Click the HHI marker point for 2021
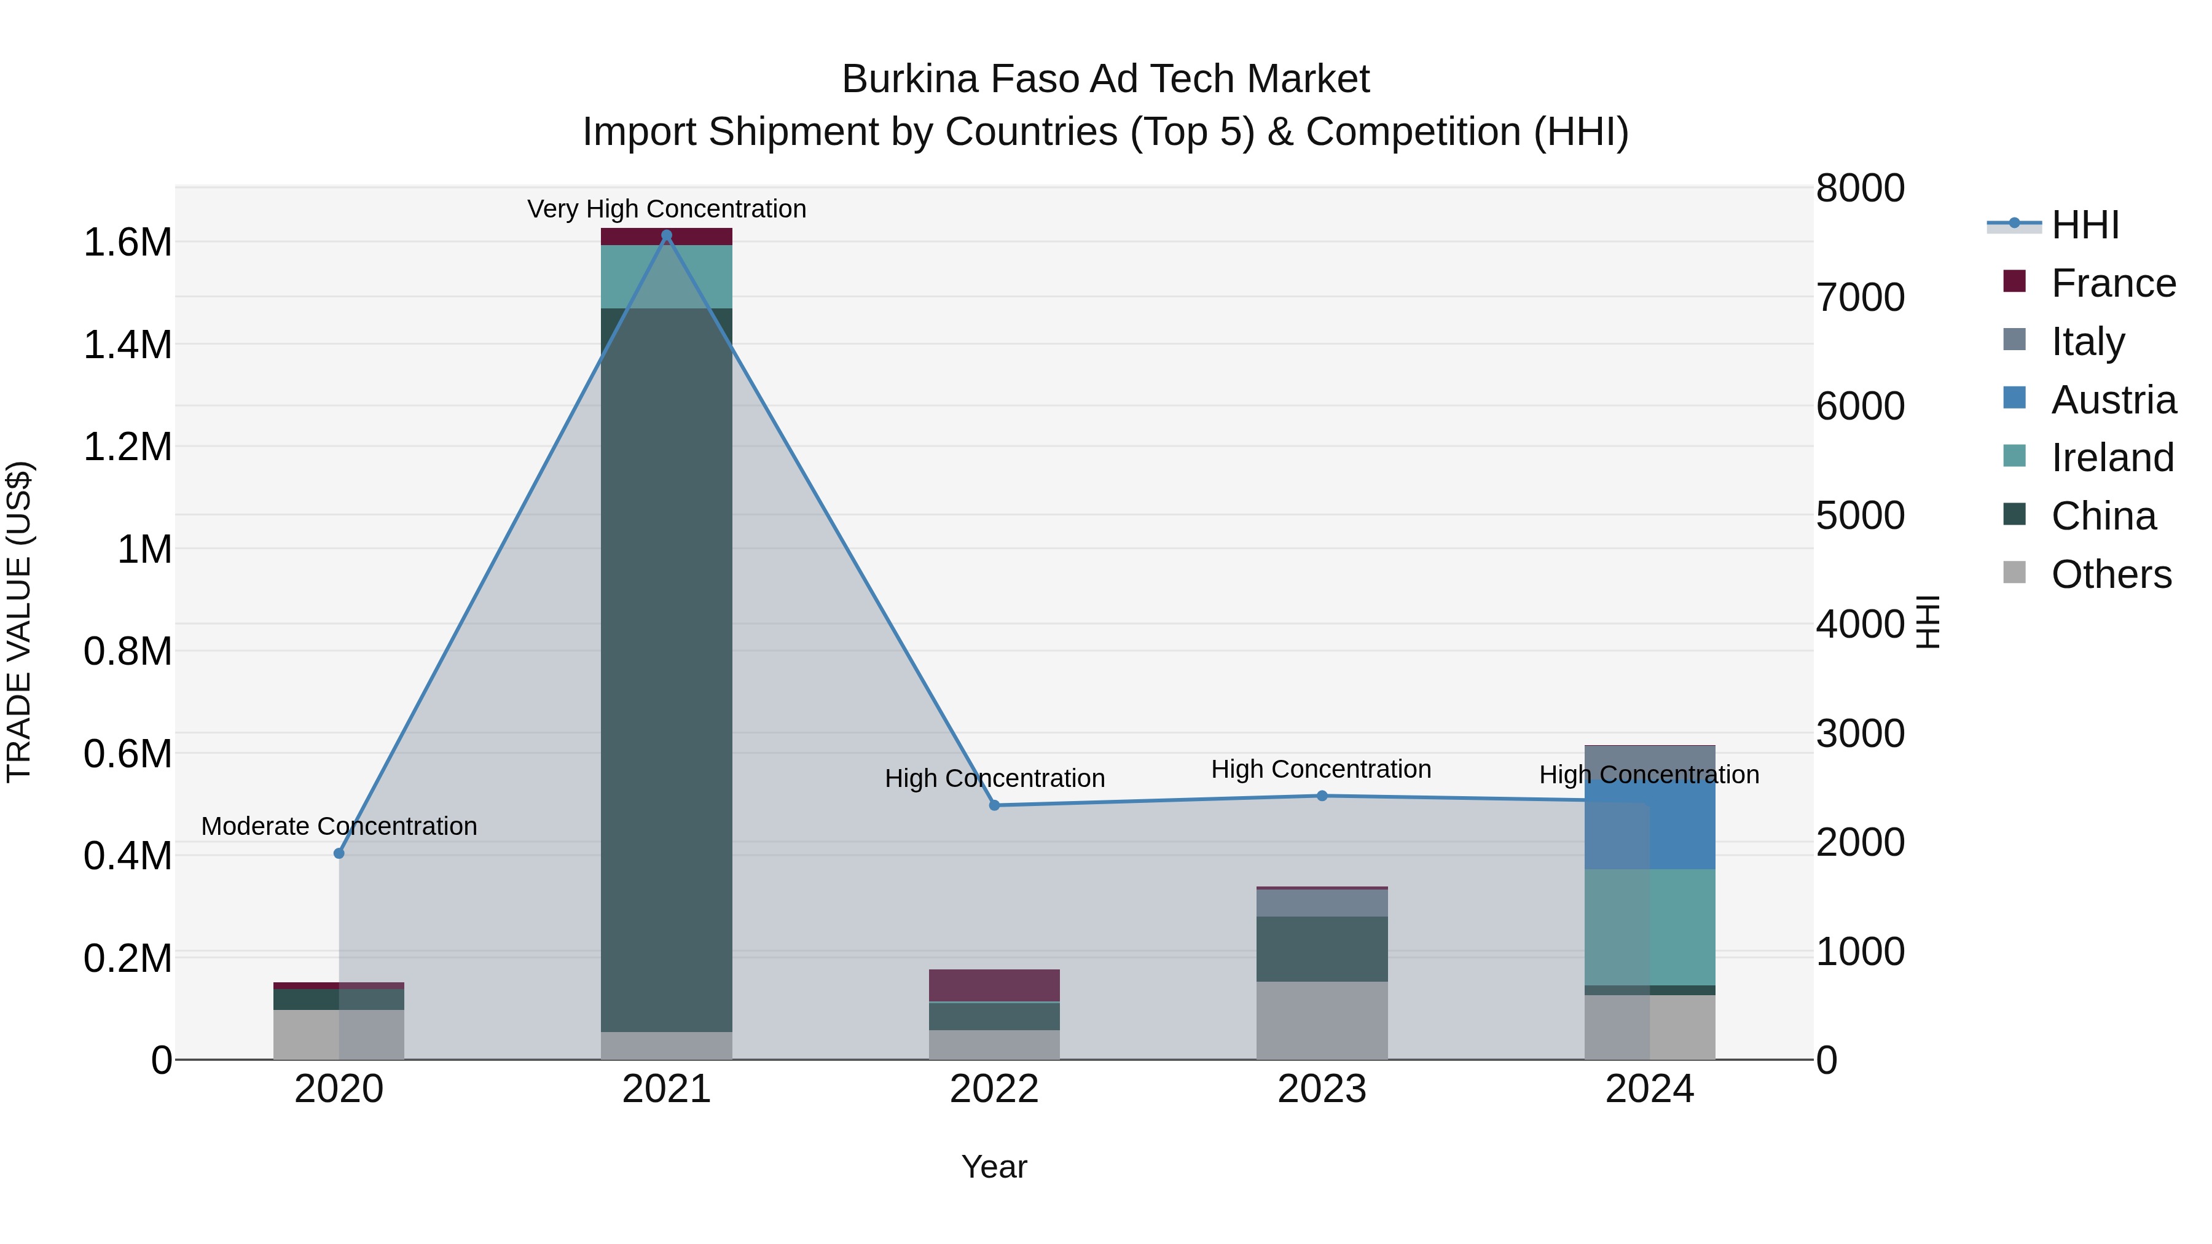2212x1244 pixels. click(666, 235)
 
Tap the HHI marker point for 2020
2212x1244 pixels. click(339, 853)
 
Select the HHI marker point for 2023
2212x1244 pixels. click(1322, 796)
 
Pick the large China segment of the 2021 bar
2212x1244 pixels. click(666, 670)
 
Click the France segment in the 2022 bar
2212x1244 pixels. click(994, 985)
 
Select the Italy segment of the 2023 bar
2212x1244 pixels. click(1322, 902)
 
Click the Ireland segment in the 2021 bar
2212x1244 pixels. click(666, 276)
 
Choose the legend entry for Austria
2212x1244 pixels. click(2112, 400)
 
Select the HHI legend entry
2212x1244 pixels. click(2084, 225)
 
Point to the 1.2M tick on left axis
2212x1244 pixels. click(127, 447)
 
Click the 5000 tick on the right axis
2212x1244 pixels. click(1860, 515)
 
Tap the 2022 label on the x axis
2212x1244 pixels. click(994, 1089)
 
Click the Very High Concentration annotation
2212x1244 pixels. click(666, 209)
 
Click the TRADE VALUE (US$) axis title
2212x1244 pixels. click(19, 622)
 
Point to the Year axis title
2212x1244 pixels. click(994, 1167)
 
